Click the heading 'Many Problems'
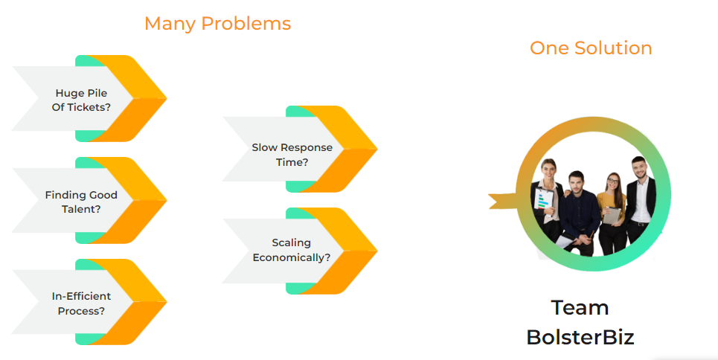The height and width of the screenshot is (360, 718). tap(217, 24)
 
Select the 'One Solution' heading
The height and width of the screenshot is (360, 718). tap(591, 48)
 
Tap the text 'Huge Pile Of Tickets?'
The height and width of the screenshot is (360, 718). tap(82, 100)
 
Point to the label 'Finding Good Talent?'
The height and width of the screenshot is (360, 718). tap(81, 202)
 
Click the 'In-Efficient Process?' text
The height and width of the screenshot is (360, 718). tap(81, 303)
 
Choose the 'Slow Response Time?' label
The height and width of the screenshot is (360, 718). tap(292, 155)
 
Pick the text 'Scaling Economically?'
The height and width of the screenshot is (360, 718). tap(292, 250)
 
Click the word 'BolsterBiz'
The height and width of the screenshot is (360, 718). tap(580, 337)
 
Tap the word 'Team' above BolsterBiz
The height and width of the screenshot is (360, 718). tap(580, 307)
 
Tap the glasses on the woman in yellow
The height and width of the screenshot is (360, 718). tap(612, 181)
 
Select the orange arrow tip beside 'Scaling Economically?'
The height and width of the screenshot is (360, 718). tap(364, 251)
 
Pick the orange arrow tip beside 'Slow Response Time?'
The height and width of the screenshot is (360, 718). tap(364, 149)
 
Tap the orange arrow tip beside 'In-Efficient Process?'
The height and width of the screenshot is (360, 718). tap(153, 302)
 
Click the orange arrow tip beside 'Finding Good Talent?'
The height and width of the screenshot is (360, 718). tap(153, 200)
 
